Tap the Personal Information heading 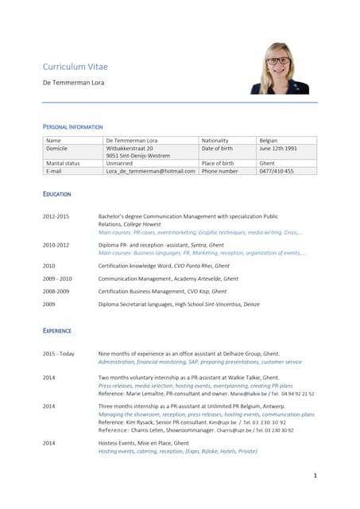coord(72,127)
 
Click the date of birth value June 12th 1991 coord(278,149)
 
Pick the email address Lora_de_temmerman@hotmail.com coord(150,171)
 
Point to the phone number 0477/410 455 coord(277,171)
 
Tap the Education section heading coord(56,194)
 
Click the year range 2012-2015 coord(56,216)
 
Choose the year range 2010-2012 coord(56,245)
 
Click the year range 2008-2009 coord(56,291)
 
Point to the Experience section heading coord(57,330)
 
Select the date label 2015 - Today coord(59,353)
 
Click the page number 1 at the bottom coord(315,476)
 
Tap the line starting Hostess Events coord(143,443)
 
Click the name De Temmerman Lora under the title coord(73,83)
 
